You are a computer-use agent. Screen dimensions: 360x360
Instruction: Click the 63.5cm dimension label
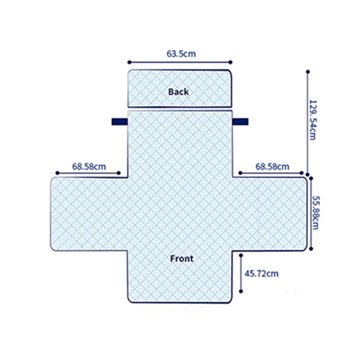[x=181, y=54]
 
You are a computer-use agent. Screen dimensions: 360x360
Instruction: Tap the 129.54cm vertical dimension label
[x=313, y=120]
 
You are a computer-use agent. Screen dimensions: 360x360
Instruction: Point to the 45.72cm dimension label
[x=261, y=274]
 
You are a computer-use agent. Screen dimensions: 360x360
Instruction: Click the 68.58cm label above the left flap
[x=89, y=166]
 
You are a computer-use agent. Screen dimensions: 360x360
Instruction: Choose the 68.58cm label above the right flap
[x=272, y=166]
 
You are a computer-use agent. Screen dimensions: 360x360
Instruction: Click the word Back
[x=178, y=92]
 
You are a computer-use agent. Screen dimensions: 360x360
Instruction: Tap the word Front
[x=182, y=258]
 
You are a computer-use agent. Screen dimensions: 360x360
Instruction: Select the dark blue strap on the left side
[x=120, y=121]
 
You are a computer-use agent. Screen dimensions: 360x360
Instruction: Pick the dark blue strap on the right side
[x=240, y=121]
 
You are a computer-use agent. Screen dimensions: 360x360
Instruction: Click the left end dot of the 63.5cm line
[x=129, y=62]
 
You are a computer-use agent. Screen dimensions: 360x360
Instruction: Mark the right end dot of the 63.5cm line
[x=230, y=62]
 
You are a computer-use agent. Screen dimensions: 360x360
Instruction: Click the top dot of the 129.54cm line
[x=308, y=72]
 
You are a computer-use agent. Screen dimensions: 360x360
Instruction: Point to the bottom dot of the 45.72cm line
[x=241, y=291]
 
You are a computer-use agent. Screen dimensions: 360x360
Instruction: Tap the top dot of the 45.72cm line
[x=241, y=255]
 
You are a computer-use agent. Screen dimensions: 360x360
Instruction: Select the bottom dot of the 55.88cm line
[x=311, y=249]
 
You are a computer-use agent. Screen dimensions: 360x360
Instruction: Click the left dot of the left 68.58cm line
[x=58, y=173]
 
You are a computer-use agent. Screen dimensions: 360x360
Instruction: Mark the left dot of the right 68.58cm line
[x=240, y=173]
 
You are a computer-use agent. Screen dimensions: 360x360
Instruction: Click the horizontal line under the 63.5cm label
[x=180, y=62]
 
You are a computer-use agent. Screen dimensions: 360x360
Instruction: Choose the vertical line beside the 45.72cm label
[x=241, y=273]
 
